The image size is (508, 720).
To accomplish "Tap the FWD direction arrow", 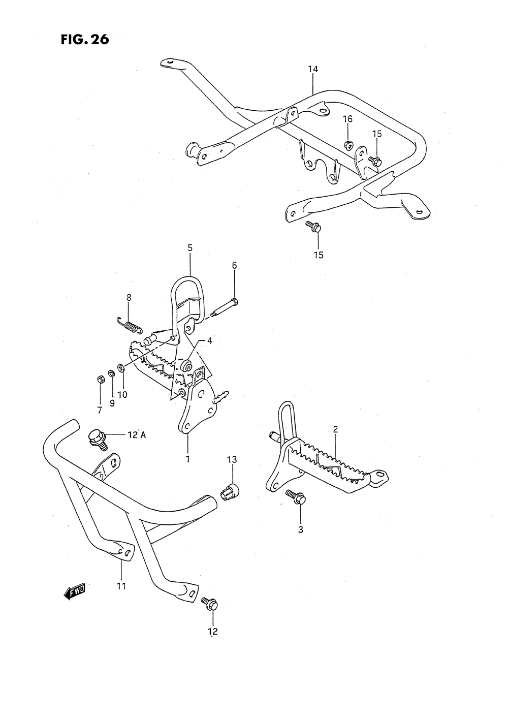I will (75, 590).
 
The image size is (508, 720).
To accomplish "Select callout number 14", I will (312, 69).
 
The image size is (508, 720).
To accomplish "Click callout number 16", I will (347, 119).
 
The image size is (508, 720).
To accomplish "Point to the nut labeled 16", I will (347, 145).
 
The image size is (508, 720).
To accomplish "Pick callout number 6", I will (234, 265).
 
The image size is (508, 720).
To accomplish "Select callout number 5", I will (189, 248).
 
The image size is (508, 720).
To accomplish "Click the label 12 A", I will (136, 435).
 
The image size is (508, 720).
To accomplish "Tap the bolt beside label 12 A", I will (97, 437).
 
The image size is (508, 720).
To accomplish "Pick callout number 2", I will (335, 429).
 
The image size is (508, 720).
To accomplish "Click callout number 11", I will (121, 586).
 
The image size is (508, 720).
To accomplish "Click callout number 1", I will (187, 459).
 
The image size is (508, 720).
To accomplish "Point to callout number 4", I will (209, 341).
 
